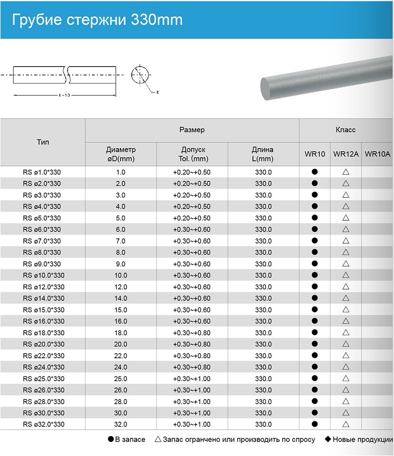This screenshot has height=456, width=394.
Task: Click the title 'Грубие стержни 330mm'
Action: (97, 20)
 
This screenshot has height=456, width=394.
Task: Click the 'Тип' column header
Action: (43, 142)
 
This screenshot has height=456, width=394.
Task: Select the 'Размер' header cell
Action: (192, 130)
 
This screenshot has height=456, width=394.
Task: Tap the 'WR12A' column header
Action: (346, 154)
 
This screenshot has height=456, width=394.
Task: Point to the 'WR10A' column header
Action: (377, 154)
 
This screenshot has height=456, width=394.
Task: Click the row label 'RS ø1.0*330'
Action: (43, 172)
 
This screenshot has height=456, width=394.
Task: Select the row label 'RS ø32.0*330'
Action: (43, 424)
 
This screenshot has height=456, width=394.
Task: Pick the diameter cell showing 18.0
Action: (121, 333)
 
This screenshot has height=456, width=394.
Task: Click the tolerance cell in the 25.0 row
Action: (192, 379)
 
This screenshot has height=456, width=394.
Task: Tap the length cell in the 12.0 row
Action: (263, 287)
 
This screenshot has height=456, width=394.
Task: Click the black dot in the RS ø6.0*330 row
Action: (314, 229)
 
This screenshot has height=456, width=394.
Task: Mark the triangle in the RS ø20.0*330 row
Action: (346, 344)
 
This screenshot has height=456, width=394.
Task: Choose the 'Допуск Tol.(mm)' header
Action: (192, 154)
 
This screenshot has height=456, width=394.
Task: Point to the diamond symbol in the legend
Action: (327, 439)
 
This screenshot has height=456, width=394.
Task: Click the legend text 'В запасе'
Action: (130, 439)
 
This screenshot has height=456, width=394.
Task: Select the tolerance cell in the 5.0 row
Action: (192, 218)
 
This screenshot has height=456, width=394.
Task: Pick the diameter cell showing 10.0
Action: (121, 275)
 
